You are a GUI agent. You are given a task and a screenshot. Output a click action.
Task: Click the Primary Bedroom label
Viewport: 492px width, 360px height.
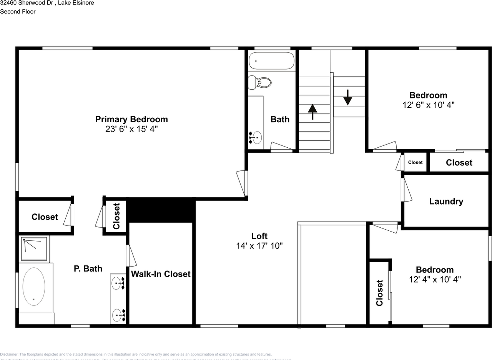131,119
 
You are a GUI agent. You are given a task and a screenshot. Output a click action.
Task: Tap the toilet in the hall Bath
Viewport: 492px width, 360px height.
260,82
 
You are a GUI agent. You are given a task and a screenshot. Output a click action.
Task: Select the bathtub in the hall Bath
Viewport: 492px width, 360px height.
271,61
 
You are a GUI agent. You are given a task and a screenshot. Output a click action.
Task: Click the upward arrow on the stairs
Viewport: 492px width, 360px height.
313,112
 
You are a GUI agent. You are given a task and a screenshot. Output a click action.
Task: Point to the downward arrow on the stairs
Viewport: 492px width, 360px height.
347,97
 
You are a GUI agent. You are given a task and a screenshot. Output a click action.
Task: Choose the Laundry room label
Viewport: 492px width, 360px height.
446,202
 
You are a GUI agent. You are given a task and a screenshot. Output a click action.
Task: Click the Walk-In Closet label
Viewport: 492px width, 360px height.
161,274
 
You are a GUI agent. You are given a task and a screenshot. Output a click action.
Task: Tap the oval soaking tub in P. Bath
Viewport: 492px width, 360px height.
34,286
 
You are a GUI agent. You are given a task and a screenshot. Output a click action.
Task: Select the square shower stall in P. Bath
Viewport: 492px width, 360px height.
35,249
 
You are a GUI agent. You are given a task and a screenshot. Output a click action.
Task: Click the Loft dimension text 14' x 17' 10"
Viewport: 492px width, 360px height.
259,245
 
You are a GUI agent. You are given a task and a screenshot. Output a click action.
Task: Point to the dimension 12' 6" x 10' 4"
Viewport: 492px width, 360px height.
428,105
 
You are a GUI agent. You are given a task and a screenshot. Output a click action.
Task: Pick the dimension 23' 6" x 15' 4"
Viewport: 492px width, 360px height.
131,129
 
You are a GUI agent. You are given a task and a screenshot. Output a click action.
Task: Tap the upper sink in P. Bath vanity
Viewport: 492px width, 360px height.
118,283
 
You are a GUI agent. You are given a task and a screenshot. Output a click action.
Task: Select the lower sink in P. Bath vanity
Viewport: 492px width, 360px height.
118,315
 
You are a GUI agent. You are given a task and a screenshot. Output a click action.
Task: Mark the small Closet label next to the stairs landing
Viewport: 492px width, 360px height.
415,162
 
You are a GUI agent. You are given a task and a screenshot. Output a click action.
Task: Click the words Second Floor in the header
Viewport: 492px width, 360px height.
18,12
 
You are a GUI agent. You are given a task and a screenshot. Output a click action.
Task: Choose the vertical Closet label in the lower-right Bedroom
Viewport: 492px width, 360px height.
380,293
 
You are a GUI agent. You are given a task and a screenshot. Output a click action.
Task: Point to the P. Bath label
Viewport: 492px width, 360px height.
88,268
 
